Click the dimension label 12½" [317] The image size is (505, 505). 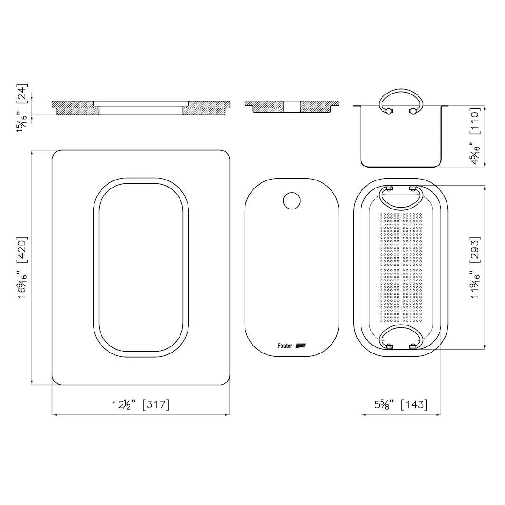click(141, 404)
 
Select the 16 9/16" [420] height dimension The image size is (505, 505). click(22, 267)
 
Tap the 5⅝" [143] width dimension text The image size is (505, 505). click(401, 404)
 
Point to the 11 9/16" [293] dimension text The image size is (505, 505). click(475, 267)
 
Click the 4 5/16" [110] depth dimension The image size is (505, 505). click(475, 136)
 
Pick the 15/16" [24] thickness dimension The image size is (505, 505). click(22, 108)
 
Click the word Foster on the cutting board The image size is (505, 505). click(285, 346)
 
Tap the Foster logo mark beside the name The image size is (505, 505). click(301, 346)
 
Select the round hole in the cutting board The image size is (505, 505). click(292, 201)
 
